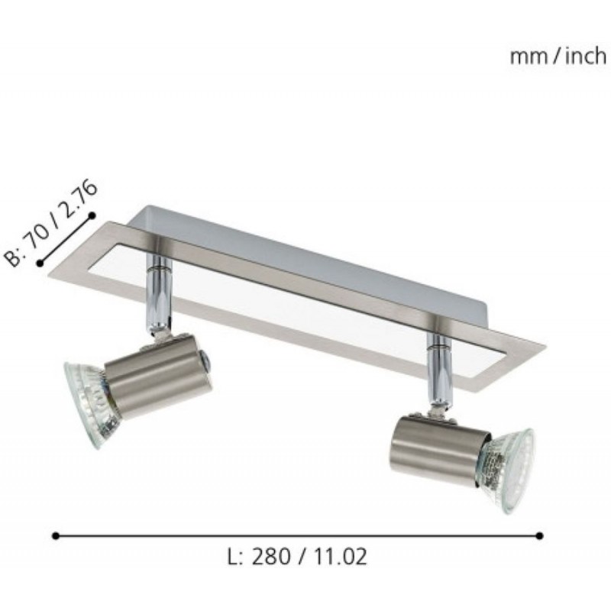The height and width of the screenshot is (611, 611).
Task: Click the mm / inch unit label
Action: coord(558,57)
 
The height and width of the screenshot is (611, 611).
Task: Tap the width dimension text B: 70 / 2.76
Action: coord(50,223)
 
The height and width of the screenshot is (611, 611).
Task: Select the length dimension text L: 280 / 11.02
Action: coord(297,557)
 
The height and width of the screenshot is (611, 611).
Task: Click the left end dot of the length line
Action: coord(56,536)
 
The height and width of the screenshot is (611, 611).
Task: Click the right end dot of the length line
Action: coord(539,536)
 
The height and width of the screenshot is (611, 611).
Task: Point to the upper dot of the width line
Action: coord(92,215)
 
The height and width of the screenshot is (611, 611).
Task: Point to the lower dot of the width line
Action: coord(40,263)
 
